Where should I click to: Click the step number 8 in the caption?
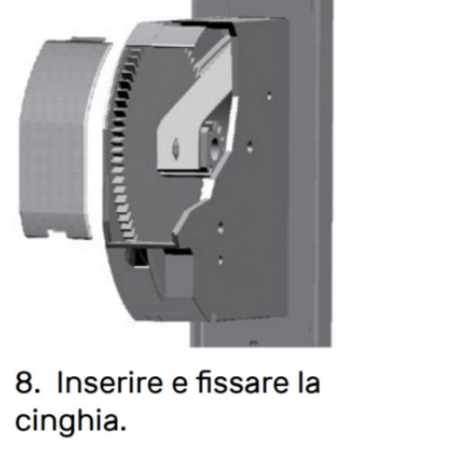(x=24, y=382)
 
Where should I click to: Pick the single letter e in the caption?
(x=179, y=385)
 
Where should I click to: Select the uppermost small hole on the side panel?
(x=269, y=97)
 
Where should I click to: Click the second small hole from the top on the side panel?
(x=250, y=147)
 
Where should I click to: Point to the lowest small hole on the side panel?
(x=220, y=261)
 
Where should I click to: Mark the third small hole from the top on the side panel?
(x=220, y=228)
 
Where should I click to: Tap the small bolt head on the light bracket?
(x=175, y=147)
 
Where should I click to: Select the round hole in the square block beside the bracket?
(x=216, y=146)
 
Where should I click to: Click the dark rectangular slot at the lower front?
(x=137, y=257)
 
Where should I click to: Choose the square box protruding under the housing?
(x=178, y=274)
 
